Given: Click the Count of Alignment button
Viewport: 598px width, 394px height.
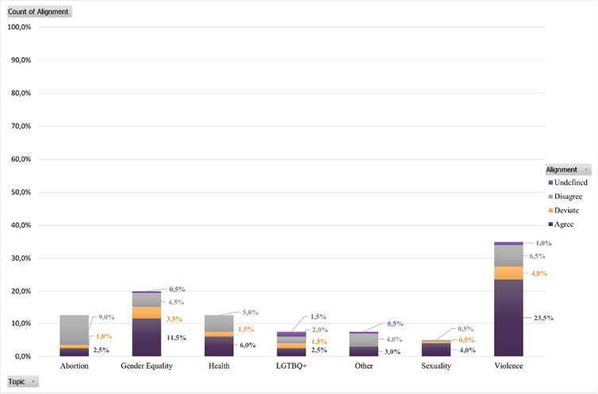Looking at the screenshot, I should [x=38, y=11].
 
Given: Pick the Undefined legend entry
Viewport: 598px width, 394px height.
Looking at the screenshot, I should [x=570, y=182].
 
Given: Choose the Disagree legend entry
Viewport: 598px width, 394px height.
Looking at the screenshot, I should [x=569, y=196].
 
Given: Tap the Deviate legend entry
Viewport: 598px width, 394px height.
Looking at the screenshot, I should [x=566, y=210].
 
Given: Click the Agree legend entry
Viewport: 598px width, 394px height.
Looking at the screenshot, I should [x=564, y=224].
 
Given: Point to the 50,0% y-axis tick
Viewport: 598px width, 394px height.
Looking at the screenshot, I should [x=18, y=192].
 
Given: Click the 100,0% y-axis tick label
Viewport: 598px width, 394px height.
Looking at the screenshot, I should [x=18, y=27].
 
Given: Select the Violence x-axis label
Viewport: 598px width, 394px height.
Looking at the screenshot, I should [x=508, y=366].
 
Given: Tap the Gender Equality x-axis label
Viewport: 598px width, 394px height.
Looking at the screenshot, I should [x=147, y=366].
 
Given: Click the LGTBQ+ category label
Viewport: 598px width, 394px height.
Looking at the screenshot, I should [x=291, y=366].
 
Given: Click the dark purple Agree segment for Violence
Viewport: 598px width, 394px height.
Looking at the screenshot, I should [x=508, y=317].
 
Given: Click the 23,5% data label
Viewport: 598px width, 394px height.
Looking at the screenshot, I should [x=542, y=318].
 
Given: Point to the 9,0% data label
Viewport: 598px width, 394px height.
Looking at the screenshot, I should [x=106, y=318].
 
